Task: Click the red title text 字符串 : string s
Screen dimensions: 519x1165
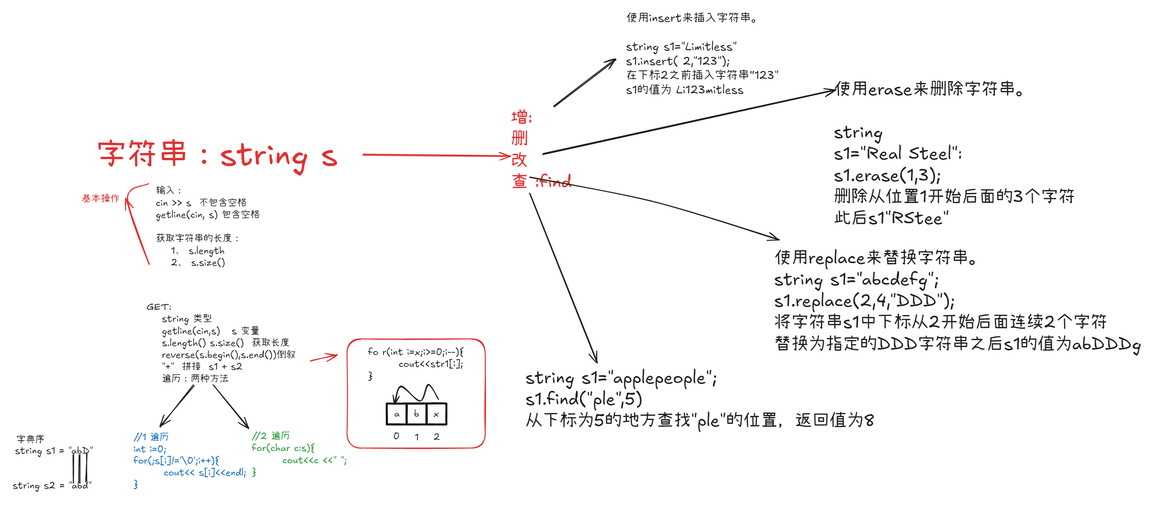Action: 217,155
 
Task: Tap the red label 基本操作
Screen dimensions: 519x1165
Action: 100,198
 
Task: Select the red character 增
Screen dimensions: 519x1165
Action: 519,117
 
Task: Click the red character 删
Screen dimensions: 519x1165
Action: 519,138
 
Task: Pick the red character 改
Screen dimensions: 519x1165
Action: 519,159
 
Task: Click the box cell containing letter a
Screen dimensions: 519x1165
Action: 397,414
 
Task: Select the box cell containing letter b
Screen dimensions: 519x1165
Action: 417,414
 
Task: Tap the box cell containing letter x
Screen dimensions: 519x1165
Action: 437,414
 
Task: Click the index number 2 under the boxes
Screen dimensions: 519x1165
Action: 437,437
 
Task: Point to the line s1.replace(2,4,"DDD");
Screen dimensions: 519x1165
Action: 864,301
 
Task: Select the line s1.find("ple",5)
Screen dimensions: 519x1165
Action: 583,399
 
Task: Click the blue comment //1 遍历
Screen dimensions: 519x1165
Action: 151,437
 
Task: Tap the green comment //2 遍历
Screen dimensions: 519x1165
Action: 270,436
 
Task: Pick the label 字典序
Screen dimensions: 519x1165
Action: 30,439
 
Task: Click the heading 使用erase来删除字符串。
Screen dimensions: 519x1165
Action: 929,89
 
